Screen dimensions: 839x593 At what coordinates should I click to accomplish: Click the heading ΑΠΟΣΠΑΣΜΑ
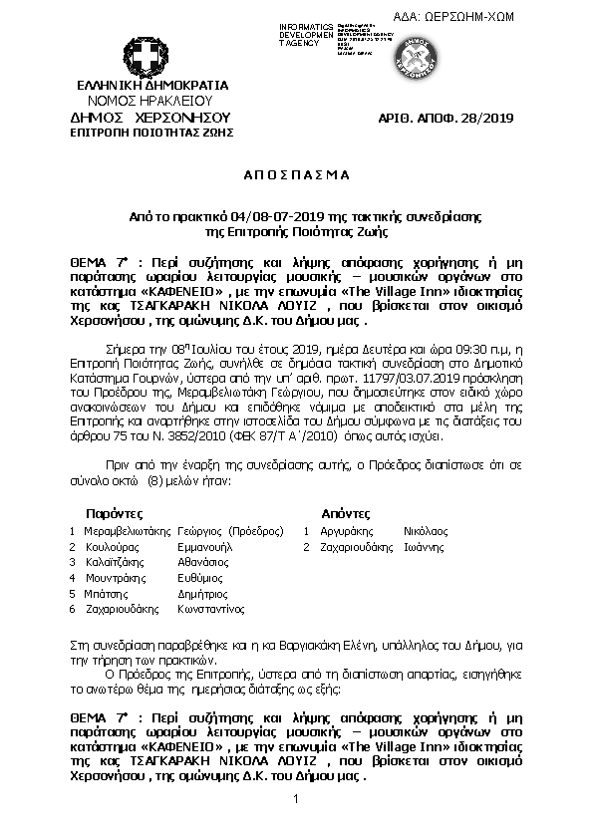pos(296,173)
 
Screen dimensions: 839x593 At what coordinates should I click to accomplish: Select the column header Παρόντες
pos(100,512)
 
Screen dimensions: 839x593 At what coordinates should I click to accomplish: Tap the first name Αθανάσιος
pos(207,562)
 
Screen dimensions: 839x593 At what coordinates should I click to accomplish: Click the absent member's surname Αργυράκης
pos(346,531)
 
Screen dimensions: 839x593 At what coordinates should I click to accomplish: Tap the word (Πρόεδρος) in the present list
pos(257,531)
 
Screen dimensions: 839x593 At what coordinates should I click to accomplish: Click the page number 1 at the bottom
pos(296,801)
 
